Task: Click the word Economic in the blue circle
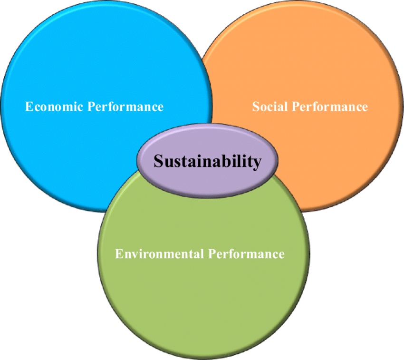[x=54, y=106]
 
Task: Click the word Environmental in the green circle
[x=159, y=253]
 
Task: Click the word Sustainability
[x=207, y=161]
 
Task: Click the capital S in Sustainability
[x=158, y=161]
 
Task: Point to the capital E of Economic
[x=29, y=106]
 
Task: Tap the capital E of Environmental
[x=119, y=253]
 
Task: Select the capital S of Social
[x=256, y=106]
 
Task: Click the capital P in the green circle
[x=212, y=253]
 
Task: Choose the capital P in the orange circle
[x=295, y=106]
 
